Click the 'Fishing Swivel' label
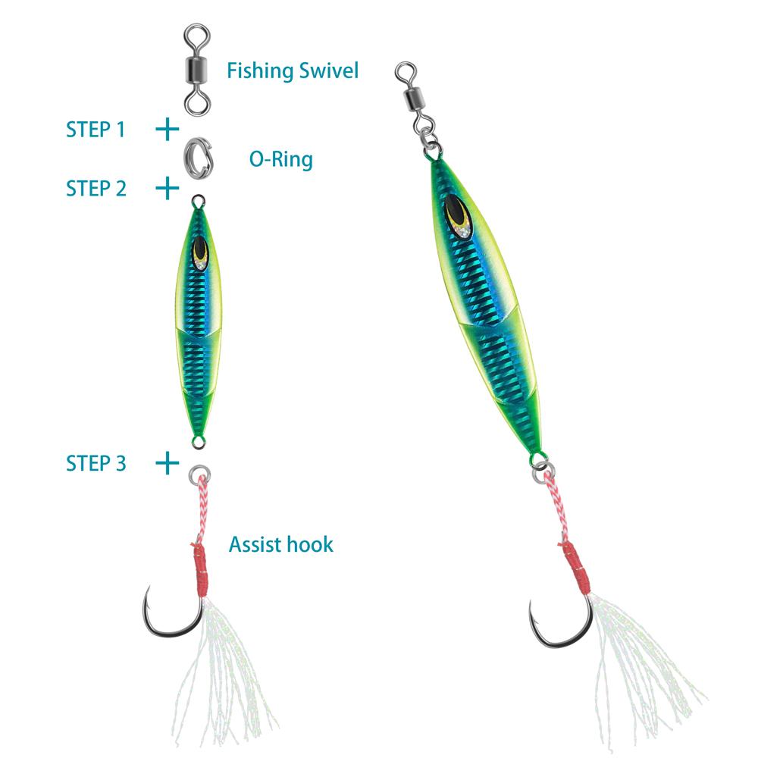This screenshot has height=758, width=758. click(292, 71)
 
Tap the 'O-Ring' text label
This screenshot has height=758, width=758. click(280, 159)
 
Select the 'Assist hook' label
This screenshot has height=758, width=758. click(280, 543)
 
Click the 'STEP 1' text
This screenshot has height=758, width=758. click(96, 130)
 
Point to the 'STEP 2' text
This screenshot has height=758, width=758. click(96, 188)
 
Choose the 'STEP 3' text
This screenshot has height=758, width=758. click(96, 462)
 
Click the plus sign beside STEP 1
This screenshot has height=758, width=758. click(167, 130)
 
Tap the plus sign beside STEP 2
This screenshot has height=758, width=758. click(167, 187)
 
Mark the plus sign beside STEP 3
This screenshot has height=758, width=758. click(167, 462)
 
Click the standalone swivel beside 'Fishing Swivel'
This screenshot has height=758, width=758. click(198, 68)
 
